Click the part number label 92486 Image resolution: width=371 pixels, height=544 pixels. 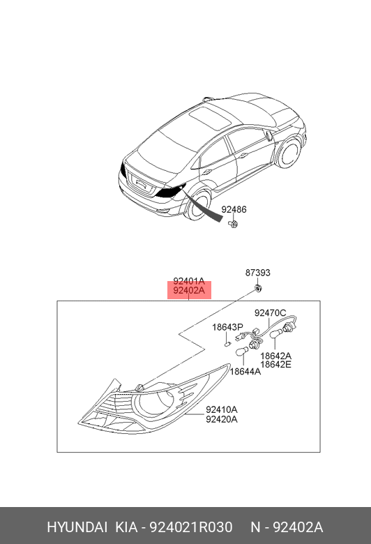[234, 209]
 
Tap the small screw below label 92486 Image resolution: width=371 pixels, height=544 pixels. [233, 224]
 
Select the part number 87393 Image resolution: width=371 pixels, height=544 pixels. [257, 273]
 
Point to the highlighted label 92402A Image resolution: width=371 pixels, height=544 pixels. [189, 290]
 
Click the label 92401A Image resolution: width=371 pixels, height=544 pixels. [189, 281]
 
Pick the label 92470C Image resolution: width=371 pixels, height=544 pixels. [271, 313]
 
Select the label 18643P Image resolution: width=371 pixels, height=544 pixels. [227, 327]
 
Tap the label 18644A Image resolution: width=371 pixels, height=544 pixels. [245, 372]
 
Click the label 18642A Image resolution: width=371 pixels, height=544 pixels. [276, 356]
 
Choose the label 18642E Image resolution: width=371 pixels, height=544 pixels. [276, 364]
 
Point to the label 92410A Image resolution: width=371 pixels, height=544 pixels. [222, 409]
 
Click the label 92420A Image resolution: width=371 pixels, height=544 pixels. [222, 419]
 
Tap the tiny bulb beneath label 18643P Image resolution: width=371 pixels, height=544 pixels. [227, 344]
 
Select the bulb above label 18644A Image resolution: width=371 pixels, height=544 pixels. [242, 351]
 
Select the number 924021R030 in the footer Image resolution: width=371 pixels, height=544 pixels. [190, 527]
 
